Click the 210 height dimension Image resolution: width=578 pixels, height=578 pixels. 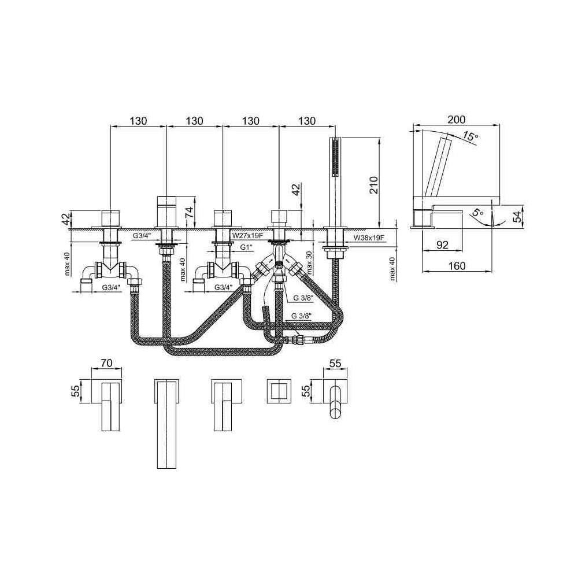coord(373,185)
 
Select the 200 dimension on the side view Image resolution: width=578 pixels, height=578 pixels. coord(457,120)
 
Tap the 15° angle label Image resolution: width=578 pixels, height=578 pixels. coord(470,136)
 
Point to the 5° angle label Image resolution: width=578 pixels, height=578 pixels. coord(477,213)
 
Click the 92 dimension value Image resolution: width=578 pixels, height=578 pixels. coord(442,244)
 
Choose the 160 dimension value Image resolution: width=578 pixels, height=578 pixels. coord(457,265)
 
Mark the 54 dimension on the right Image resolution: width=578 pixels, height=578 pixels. coord(517,216)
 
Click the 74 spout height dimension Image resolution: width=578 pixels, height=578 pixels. coord(190,212)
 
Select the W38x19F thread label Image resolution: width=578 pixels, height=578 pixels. coord(369,238)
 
